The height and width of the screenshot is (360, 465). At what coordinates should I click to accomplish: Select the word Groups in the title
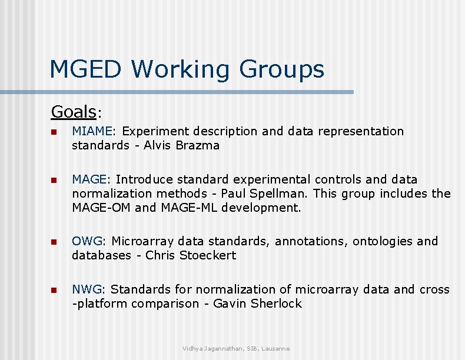[281, 69]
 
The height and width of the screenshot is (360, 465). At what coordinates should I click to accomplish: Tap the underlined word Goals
[74, 111]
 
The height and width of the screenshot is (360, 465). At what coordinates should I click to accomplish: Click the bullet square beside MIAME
[54, 132]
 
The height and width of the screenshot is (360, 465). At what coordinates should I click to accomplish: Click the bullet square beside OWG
[54, 242]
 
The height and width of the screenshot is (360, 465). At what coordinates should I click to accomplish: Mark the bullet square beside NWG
[54, 291]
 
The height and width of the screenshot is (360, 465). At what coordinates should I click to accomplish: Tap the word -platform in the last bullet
[99, 304]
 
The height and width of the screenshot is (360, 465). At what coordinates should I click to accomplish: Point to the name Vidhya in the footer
[193, 349]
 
